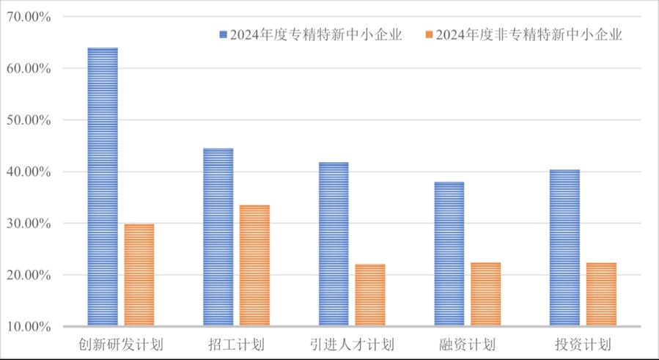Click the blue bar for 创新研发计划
(103, 187)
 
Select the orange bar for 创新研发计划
(139, 275)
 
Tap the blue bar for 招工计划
(218, 238)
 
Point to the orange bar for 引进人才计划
(370, 295)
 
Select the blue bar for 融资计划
(449, 254)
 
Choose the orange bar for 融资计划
(485, 295)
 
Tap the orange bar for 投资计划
(601, 295)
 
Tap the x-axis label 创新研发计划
(121, 345)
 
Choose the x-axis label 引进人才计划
(352, 345)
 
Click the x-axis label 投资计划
(583, 345)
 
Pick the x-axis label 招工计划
(236, 345)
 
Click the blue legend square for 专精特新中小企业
(223, 35)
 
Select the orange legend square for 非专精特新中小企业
(427, 35)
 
